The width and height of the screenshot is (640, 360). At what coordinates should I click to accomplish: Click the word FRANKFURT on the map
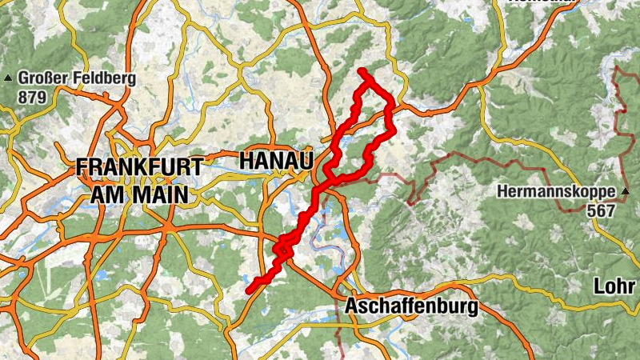[140, 168]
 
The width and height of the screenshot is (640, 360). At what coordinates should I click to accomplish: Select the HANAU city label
[275, 161]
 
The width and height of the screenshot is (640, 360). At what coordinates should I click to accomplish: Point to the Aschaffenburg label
[410, 307]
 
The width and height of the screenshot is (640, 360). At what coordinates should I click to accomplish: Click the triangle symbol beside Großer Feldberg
[9, 78]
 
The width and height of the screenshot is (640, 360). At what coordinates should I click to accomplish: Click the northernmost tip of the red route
[362, 71]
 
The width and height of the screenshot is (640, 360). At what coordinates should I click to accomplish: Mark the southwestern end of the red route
[250, 289]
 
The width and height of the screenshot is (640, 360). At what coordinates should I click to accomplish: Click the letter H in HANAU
[246, 161]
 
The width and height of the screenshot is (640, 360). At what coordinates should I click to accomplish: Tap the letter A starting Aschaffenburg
[351, 307]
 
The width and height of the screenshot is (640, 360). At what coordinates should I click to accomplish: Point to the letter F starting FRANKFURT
[82, 168]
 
